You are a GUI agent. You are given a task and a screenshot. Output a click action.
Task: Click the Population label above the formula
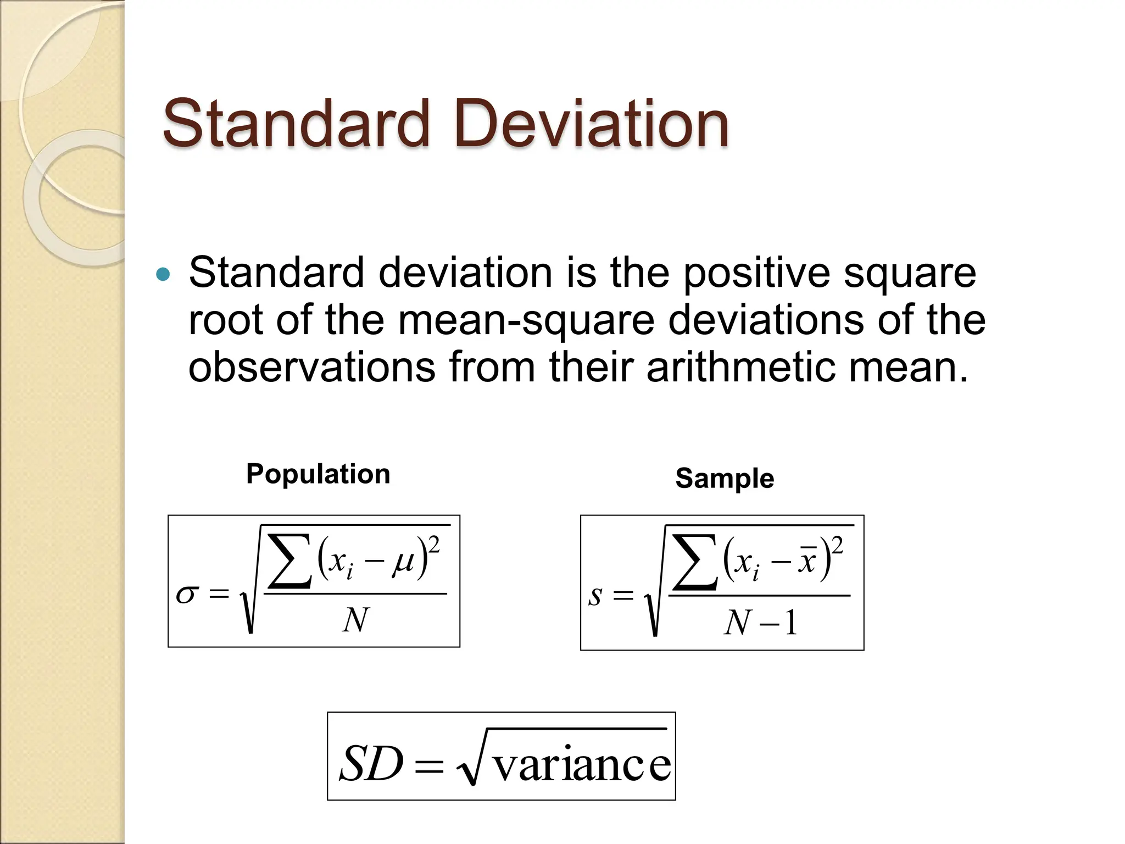click(318, 474)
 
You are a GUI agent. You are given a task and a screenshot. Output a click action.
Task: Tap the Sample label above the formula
click(725, 478)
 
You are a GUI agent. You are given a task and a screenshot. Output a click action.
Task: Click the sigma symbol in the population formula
click(186, 595)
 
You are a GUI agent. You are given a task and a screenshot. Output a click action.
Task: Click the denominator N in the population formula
click(355, 620)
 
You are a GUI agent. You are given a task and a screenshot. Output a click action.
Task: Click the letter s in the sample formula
click(595, 596)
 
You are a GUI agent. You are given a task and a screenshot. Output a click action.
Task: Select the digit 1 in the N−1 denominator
click(790, 624)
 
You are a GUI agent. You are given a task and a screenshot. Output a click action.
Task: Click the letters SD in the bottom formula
click(371, 764)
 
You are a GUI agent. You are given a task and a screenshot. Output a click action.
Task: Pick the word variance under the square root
click(582, 765)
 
